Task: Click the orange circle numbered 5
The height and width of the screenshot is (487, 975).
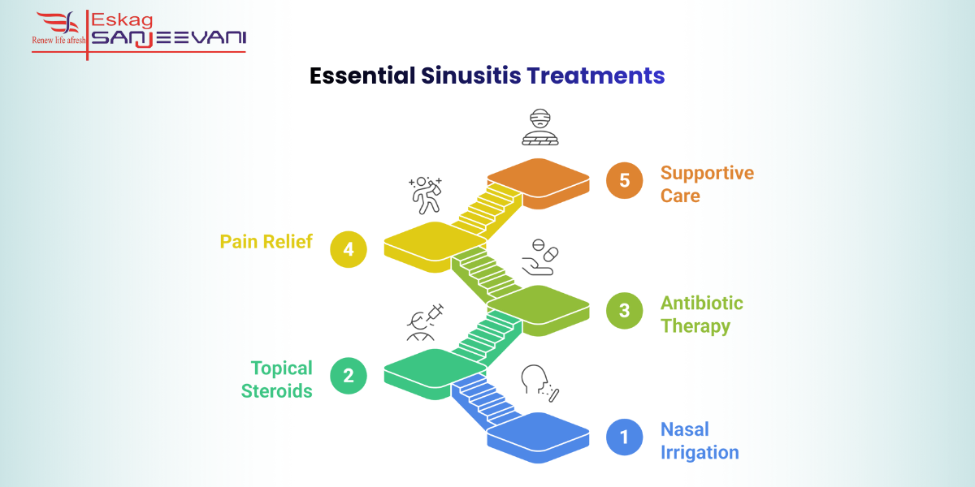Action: [624, 180]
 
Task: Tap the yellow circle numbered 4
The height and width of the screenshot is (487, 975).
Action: [349, 248]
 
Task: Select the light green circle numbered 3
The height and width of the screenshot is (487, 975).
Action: [624, 310]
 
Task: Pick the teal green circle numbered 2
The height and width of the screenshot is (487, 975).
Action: [349, 375]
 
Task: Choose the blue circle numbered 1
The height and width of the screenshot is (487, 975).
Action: [624, 437]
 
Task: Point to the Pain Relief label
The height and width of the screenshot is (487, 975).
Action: [266, 242]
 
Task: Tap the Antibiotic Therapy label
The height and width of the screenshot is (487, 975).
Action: [701, 314]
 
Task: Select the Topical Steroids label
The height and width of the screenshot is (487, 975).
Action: [276, 379]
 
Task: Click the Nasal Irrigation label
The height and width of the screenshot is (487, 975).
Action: [699, 441]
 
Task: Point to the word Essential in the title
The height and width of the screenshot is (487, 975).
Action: [362, 75]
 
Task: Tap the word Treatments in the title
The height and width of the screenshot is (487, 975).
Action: [596, 75]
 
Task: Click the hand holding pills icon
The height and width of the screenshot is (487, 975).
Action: [539, 257]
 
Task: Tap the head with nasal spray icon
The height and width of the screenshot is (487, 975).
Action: [539, 382]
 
